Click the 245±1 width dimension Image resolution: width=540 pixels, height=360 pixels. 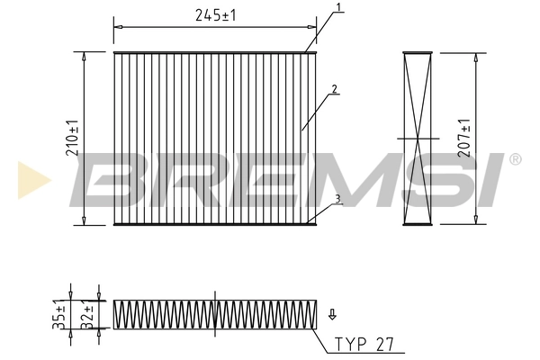[x=216, y=15]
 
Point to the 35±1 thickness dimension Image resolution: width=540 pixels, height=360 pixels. [x=58, y=315]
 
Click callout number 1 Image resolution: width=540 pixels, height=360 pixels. [x=338, y=7]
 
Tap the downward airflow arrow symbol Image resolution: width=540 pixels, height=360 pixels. [x=332, y=314]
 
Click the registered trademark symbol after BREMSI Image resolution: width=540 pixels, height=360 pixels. [x=515, y=159]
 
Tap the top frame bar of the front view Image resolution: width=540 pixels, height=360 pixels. [x=216, y=52]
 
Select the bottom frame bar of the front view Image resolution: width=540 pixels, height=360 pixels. [x=216, y=223]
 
